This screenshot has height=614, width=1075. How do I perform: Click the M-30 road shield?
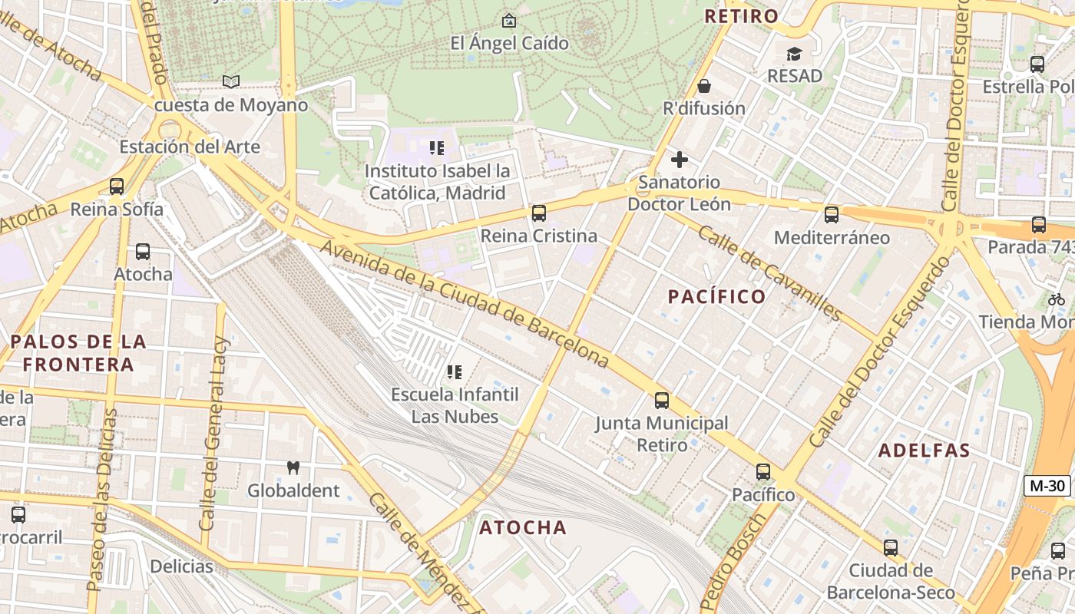(x=1047, y=485)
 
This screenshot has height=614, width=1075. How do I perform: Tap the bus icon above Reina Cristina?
(x=539, y=213)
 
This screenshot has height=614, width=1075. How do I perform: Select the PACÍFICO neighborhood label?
(x=716, y=296)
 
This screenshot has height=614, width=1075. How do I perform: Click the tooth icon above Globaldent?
(x=293, y=467)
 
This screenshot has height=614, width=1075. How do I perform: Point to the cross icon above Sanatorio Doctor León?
(x=679, y=160)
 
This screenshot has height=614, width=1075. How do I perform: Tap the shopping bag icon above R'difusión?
(x=703, y=86)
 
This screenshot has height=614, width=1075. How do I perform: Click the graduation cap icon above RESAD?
(x=794, y=54)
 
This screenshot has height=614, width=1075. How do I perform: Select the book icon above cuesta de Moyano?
(x=230, y=81)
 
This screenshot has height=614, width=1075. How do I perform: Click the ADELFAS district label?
(x=924, y=451)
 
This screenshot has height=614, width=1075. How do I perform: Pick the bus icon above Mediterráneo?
(x=832, y=215)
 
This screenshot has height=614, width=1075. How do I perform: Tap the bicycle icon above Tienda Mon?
(x=1057, y=299)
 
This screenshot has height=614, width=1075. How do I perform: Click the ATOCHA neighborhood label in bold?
(x=523, y=527)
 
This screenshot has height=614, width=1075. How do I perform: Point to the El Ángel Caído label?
(x=509, y=43)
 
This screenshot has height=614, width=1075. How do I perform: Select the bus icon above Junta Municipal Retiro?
(x=661, y=401)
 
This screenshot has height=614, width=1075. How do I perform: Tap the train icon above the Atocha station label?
(x=143, y=251)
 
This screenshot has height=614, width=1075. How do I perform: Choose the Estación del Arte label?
(x=190, y=147)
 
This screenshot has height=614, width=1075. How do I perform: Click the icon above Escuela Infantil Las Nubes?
(x=455, y=372)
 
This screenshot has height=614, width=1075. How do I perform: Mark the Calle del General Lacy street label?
(x=211, y=434)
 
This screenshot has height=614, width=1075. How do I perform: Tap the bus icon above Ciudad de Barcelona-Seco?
(x=890, y=548)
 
